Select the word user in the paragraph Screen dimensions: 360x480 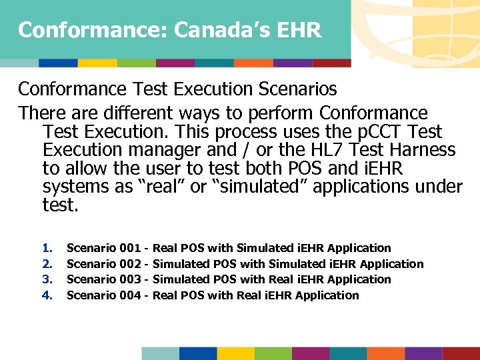click(159, 169)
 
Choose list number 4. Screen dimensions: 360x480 click(47, 295)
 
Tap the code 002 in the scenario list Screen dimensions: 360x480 click(129, 264)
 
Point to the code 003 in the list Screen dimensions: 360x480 click(129, 279)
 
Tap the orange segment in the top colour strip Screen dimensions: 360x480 click(253, 63)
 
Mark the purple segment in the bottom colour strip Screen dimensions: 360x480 click(423, 353)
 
